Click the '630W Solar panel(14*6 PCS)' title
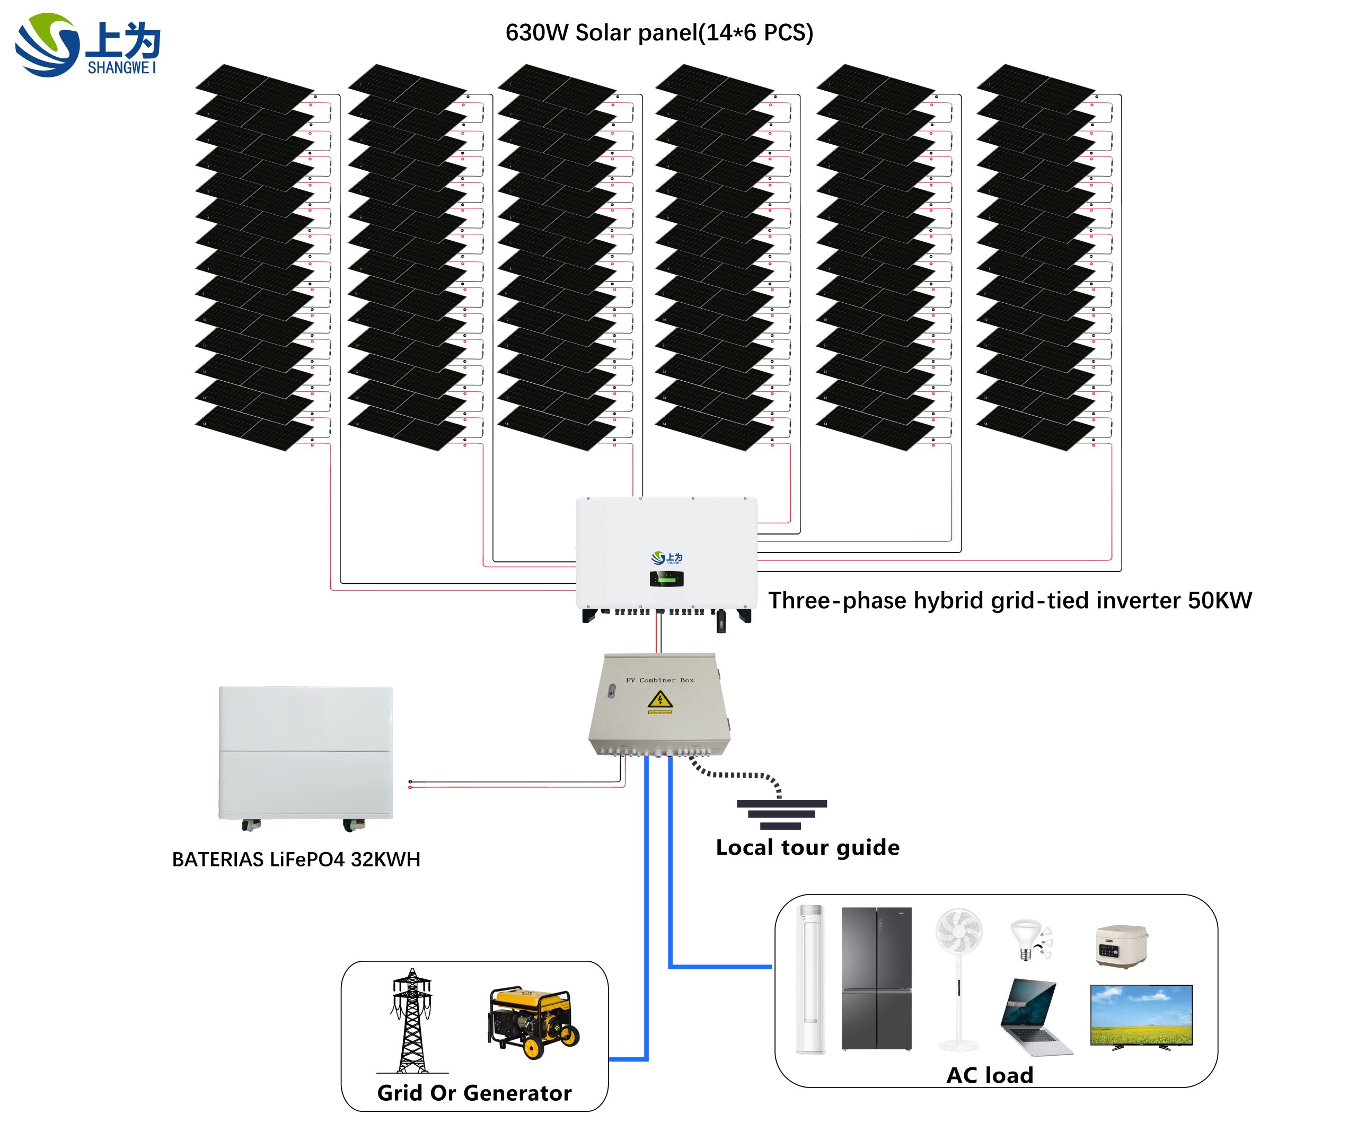[x=658, y=33]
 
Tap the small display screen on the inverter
[x=666, y=578]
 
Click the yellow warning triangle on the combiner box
[x=660, y=699]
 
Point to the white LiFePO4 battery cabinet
[x=306, y=752]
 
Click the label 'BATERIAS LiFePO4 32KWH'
[x=296, y=860]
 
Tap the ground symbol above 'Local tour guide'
[x=781, y=814]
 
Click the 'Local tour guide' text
[x=807, y=847]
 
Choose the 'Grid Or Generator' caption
[x=474, y=1093]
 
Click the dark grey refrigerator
[x=876, y=978]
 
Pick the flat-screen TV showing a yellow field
[x=1141, y=1015]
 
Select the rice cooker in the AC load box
[x=1121, y=946]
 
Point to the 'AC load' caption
[x=989, y=1075]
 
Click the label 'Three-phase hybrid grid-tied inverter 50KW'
[x=1009, y=600]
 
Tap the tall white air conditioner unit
[x=810, y=978]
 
